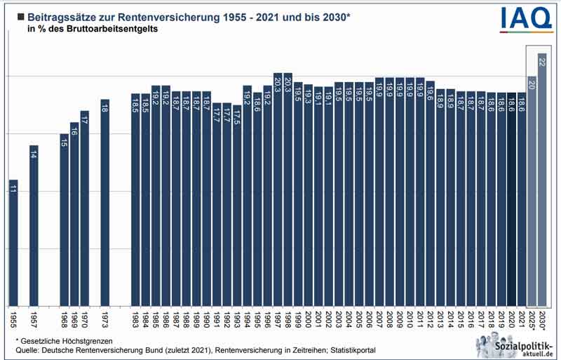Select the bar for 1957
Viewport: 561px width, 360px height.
34,225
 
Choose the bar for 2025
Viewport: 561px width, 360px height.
532,190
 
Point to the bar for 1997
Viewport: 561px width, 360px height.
277,189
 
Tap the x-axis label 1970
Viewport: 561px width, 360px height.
84,320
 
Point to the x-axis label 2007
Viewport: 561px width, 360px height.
379,320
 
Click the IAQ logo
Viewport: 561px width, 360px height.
526,18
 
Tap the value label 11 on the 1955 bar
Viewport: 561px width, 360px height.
13,189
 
